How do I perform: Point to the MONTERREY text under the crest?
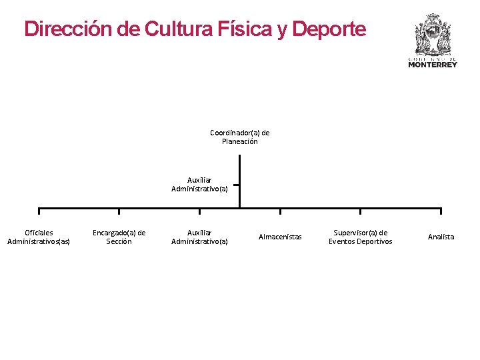click(433, 65)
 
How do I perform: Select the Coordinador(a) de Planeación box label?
click(239, 137)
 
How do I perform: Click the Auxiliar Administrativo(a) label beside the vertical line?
click(199, 184)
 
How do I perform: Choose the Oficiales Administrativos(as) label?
click(39, 237)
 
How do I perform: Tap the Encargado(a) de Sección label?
click(119, 237)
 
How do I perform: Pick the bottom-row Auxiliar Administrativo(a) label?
click(199, 237)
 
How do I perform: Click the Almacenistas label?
click(280, 237)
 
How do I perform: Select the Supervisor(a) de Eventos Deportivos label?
click(360, 237)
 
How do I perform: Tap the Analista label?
click(441, 237)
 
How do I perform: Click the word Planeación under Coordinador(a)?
click(239, 141)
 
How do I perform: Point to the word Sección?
click(119, 241)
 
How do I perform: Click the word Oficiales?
click(39, 232)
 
